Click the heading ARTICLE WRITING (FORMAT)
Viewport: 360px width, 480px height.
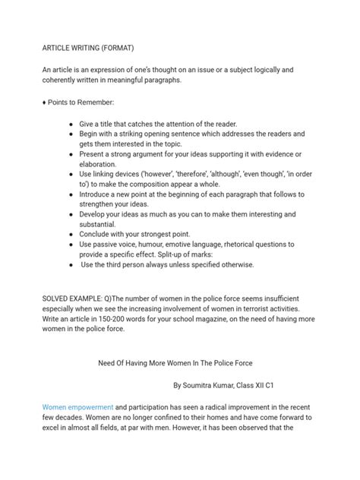point(87,47)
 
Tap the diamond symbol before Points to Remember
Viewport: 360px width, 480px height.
point(44,102)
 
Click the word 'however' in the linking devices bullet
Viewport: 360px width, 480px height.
point(160,173)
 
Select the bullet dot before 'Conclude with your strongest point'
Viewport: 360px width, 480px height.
point(71,234)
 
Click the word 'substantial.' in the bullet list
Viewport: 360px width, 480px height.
point(103,224)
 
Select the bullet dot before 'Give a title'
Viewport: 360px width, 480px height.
point(71,123)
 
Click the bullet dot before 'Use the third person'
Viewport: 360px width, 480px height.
point(71,264)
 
